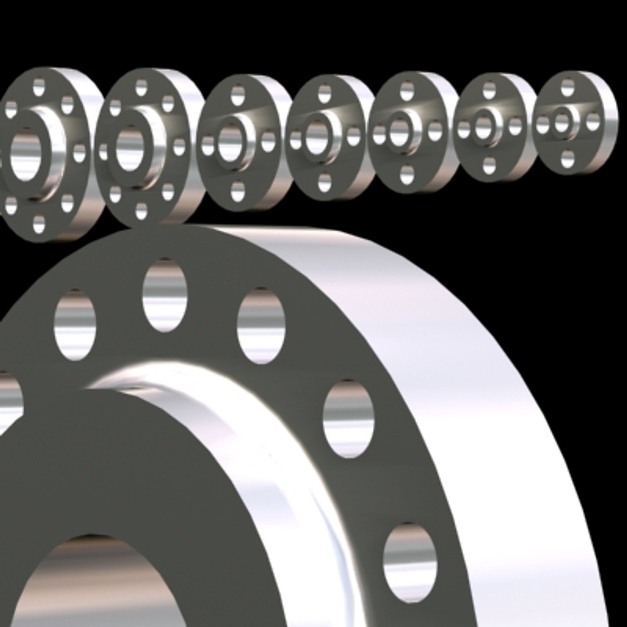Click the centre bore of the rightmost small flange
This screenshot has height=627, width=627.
[561, 123]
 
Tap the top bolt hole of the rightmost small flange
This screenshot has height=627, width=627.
[567, 88]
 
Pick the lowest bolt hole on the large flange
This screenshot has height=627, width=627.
[410, 561]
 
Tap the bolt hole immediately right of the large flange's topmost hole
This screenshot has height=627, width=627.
[261, 325]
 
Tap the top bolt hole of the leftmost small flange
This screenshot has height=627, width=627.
[38, 88]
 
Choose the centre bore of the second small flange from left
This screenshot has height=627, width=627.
[129, 149]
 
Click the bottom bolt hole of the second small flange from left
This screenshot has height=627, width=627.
[141, 210]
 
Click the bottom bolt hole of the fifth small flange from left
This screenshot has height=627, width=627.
[407, 174]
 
